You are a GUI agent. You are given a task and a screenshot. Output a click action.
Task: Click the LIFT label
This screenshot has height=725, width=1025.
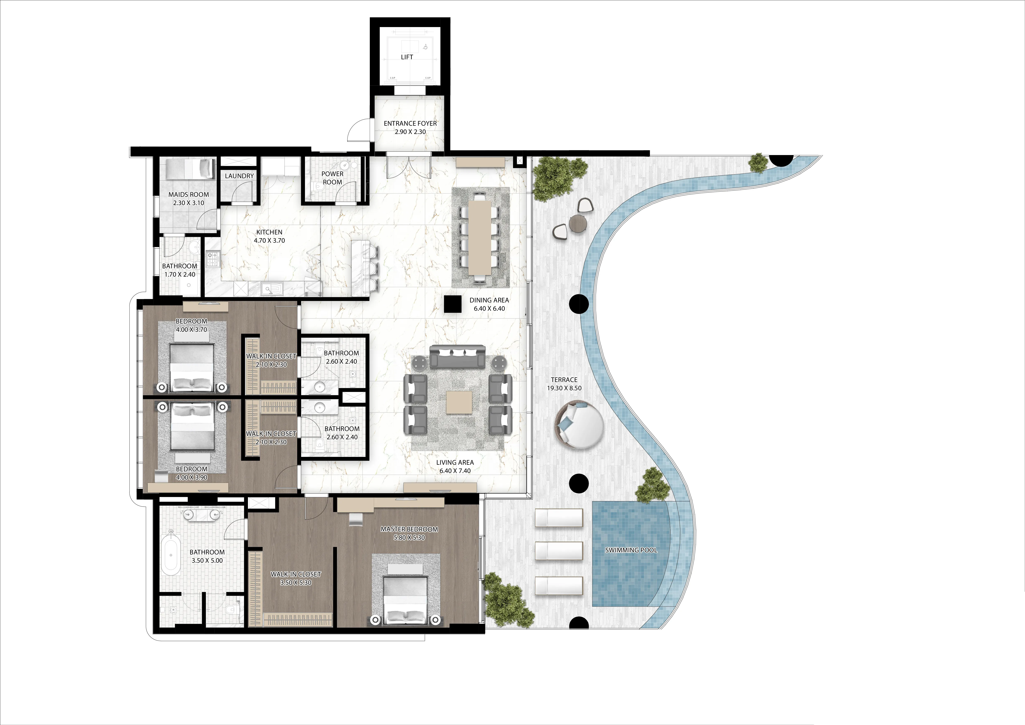(407, 57)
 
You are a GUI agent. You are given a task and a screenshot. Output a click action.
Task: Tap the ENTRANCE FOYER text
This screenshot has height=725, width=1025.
(410, 123)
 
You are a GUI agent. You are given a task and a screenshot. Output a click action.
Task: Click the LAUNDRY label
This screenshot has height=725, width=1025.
(239, 176)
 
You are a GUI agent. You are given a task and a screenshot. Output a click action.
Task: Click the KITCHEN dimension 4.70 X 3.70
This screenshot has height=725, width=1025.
(269, 240)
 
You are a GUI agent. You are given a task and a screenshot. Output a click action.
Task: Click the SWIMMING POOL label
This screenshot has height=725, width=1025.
(631, 550)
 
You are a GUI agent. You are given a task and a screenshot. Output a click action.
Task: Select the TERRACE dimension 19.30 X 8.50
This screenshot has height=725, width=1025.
(564, 388)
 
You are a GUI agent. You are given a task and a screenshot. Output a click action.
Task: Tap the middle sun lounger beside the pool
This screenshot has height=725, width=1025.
(559, 551)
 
